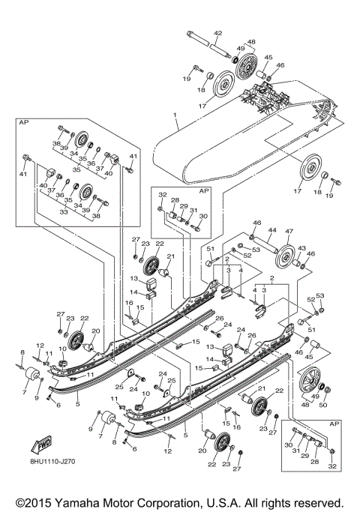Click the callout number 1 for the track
(174, 116)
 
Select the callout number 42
(218, 32)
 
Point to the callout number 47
(289, 232)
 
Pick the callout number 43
(302, 248)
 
